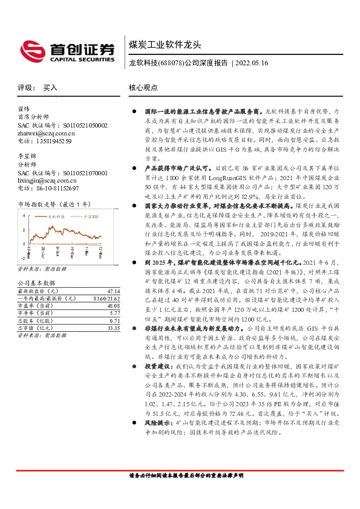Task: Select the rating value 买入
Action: pos(50,88)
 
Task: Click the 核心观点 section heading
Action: pos(143,88)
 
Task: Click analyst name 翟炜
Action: pos(24,109)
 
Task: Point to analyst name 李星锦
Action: pos(28,157)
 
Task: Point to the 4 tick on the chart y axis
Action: pos(24,215)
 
